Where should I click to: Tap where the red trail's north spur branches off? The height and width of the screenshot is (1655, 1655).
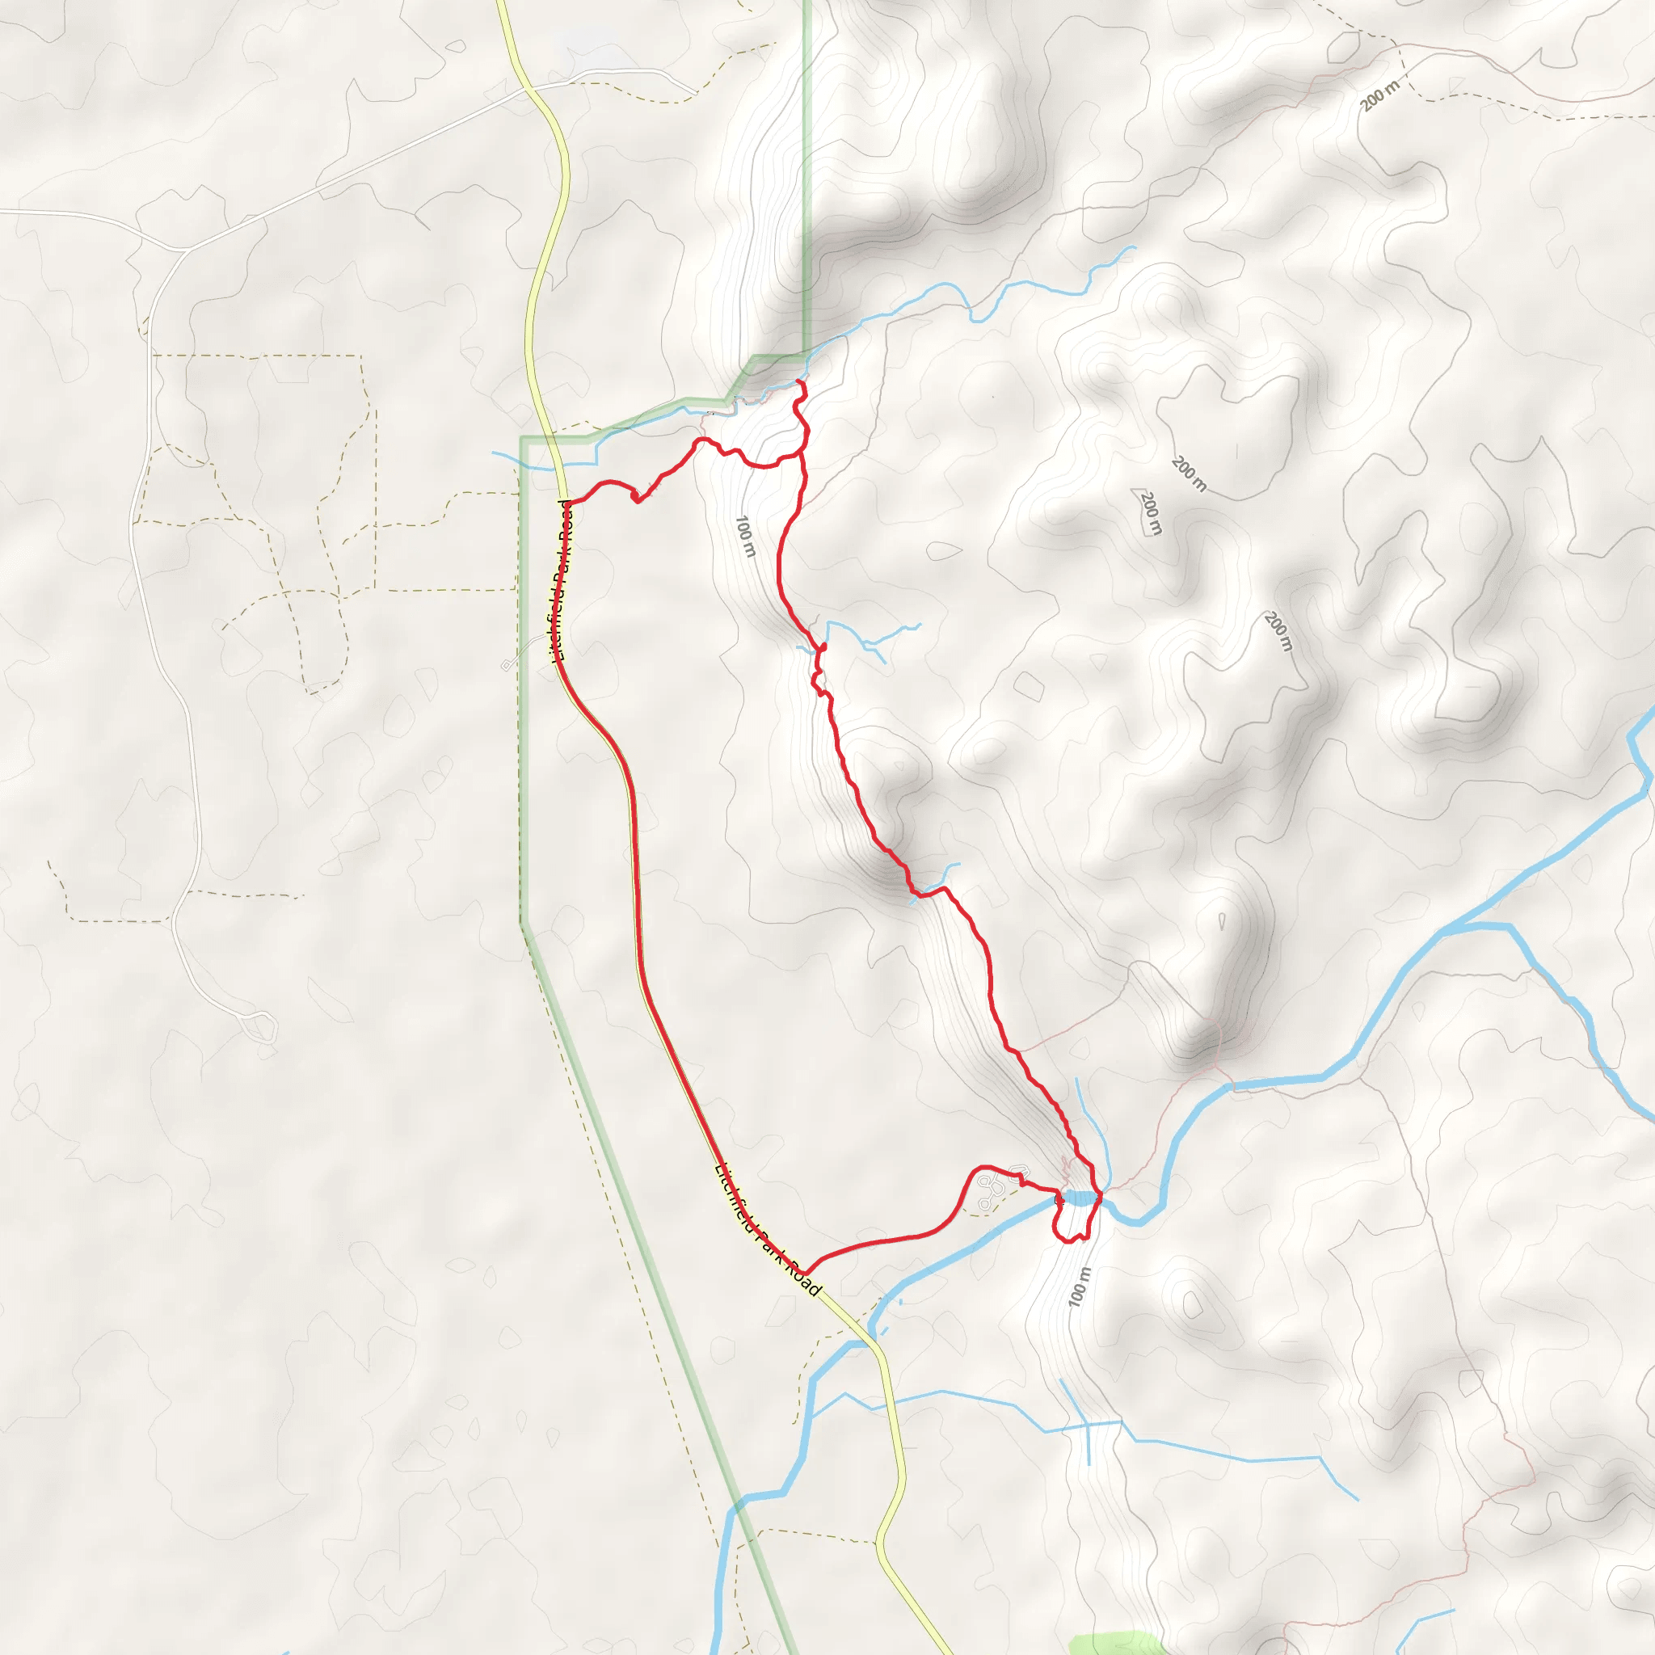click(802, 450)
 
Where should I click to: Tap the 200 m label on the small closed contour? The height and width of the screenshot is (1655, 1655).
click(1151, 512)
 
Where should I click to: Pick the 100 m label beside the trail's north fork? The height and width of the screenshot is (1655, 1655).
click(745, 537)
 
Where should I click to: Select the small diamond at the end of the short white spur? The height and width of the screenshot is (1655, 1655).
click(506, 665)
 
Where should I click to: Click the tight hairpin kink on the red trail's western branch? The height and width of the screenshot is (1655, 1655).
click(636, 499)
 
